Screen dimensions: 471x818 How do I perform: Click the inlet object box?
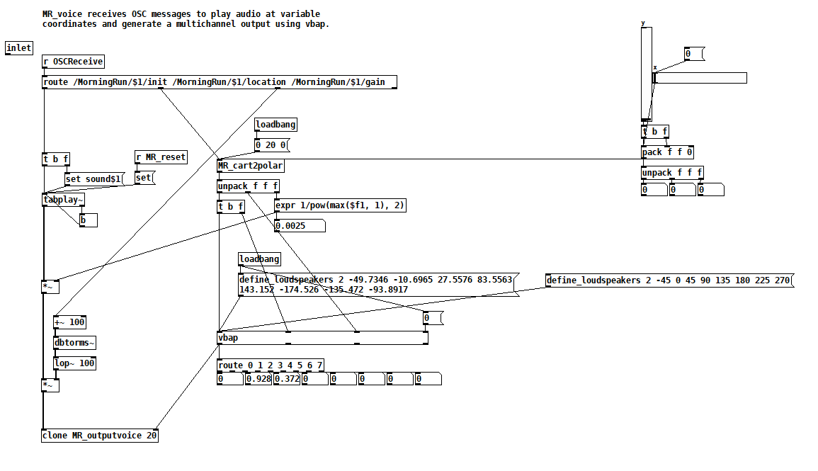coord(19,48)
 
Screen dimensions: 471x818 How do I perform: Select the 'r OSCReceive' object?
coord(73,62)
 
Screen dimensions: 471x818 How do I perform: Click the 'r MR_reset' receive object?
coord(161,157)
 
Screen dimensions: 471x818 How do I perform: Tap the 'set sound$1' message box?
coord(93,179)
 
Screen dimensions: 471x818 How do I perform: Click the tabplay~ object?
coord(64,200)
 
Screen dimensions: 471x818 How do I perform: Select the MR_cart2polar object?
coord(251,166)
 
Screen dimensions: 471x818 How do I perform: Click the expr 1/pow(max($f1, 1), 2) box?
coord(340,205)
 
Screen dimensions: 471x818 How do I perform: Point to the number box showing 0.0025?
coord(299,226)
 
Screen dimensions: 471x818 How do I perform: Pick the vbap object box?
coord(322,338)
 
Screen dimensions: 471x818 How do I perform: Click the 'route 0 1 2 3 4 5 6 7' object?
coord(271,365)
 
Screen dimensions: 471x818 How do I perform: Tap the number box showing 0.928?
coord(259,379)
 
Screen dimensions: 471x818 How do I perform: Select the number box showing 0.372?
coord(287,379)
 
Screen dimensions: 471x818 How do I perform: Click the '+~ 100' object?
coord(69,322)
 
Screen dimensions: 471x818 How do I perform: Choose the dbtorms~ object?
coord(74,343)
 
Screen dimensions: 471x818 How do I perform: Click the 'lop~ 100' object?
coord(74,363)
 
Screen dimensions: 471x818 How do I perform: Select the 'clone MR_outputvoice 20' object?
coord(100,436)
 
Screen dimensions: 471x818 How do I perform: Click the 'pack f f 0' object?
coord(667,152)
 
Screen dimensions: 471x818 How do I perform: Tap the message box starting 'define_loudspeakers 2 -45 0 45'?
coord(669,280)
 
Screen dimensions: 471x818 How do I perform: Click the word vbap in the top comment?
coord(316,24)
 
